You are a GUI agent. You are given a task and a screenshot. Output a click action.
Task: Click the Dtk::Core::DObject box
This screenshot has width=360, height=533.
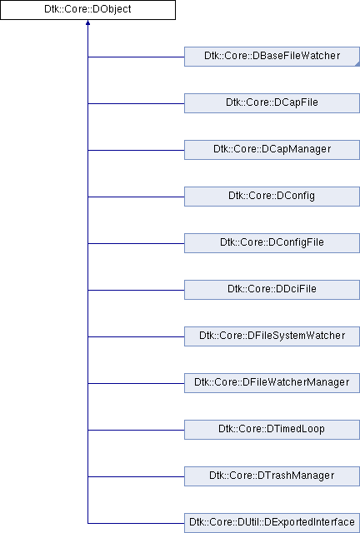point(87,9)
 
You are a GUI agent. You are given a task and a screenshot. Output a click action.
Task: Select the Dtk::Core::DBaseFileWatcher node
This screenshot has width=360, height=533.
point(272,57)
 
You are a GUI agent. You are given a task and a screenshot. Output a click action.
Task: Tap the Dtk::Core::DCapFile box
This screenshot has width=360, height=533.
point(272,103)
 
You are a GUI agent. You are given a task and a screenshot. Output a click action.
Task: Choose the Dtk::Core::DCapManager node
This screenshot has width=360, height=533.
point(272,150)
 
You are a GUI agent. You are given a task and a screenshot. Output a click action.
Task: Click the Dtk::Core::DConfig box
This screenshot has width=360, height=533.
point(272,197)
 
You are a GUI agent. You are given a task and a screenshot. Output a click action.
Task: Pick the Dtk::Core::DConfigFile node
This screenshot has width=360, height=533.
point(272,242)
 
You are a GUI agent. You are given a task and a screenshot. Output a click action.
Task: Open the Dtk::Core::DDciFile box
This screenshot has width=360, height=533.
point(272,289)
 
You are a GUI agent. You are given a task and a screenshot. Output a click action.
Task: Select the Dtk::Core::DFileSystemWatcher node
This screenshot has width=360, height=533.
point(272,336)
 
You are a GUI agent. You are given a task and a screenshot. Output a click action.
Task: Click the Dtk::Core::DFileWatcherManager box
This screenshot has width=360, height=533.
point(272,383)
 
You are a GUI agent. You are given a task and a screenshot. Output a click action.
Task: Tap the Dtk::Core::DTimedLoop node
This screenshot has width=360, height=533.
point(272,430)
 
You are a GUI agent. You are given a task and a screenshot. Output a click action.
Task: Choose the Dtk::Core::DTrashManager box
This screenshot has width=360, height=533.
point(272,476)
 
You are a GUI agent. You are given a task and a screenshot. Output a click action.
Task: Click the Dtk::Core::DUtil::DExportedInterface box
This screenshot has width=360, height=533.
point(272,522)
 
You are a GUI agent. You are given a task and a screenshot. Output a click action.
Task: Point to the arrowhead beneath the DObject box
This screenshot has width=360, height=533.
point(87,22)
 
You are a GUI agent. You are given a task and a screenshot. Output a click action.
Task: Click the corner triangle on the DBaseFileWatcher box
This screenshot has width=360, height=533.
point(357,64)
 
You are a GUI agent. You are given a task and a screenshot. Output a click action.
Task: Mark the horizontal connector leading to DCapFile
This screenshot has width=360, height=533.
point(136,103)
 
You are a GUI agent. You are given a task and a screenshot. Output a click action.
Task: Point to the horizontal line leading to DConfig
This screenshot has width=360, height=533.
point(136,197)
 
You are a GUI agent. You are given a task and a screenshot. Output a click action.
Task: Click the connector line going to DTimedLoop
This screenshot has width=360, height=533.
point(136,430)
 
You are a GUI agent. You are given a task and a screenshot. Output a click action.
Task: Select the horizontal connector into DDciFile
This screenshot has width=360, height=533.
point(136,290)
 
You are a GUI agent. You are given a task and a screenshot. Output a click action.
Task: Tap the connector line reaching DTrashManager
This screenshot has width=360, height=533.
point(136,476)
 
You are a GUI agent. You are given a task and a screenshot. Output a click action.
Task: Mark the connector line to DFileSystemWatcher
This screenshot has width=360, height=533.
point(136,336)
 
